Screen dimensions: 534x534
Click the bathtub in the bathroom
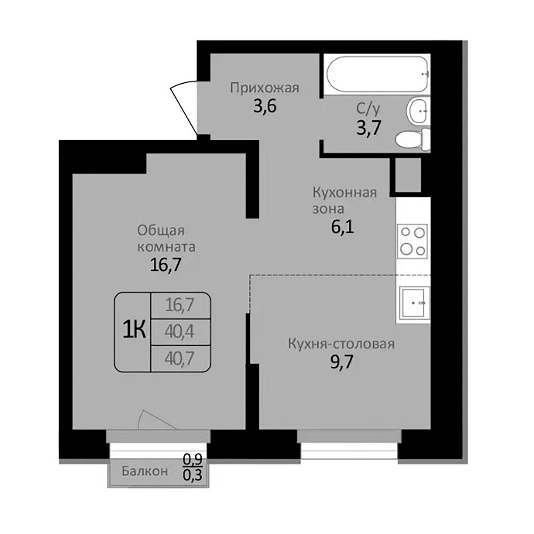[377, 74]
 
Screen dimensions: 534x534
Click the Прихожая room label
[265, 88]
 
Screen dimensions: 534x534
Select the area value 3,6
[265, 106]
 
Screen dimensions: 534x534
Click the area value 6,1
[342, 228]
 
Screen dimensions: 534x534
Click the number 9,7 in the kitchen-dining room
[341, 362]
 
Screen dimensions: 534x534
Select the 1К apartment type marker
[134, 330]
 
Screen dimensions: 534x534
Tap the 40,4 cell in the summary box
[180, 332]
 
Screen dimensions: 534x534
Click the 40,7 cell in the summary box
[180, 358]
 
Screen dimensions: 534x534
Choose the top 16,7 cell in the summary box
[180, 305]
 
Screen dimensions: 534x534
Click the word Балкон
[145, 471]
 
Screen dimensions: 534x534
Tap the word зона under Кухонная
[328, 209]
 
